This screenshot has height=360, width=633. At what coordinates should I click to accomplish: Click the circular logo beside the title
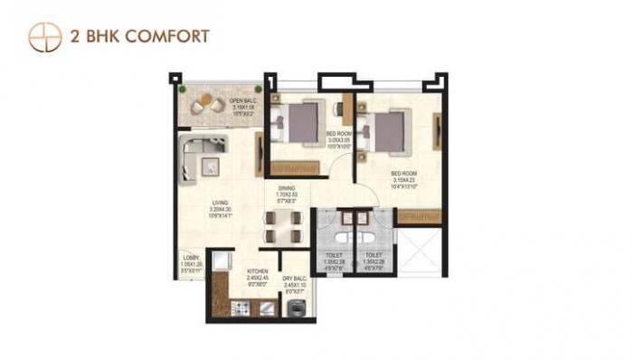pos(44,36)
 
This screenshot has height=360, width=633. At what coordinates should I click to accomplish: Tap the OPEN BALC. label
pos(241,100)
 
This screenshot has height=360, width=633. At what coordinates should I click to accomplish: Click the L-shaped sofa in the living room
pos(198,155)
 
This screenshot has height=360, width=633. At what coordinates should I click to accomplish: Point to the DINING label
pos(287,188)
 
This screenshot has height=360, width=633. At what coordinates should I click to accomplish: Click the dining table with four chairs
pos(282,225)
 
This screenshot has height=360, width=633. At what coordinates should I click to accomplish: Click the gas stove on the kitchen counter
pos(241,308)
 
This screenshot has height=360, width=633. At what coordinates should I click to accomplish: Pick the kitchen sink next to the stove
pos(268,308)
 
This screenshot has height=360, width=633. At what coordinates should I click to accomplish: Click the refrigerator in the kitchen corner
pos(218,263)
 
